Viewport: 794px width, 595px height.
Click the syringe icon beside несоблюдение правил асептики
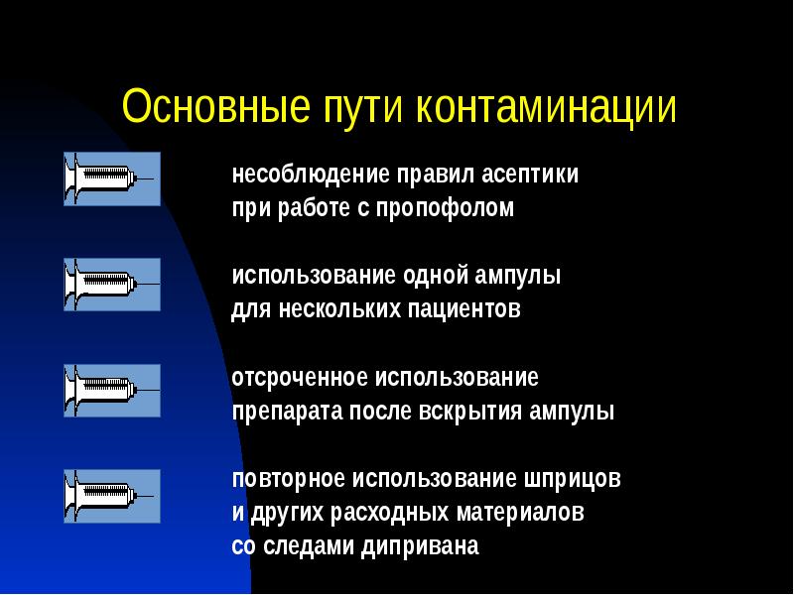112,178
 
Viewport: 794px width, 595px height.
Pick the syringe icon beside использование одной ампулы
112,285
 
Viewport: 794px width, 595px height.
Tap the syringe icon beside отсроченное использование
112,391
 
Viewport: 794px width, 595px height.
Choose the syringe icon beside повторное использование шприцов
112,497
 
